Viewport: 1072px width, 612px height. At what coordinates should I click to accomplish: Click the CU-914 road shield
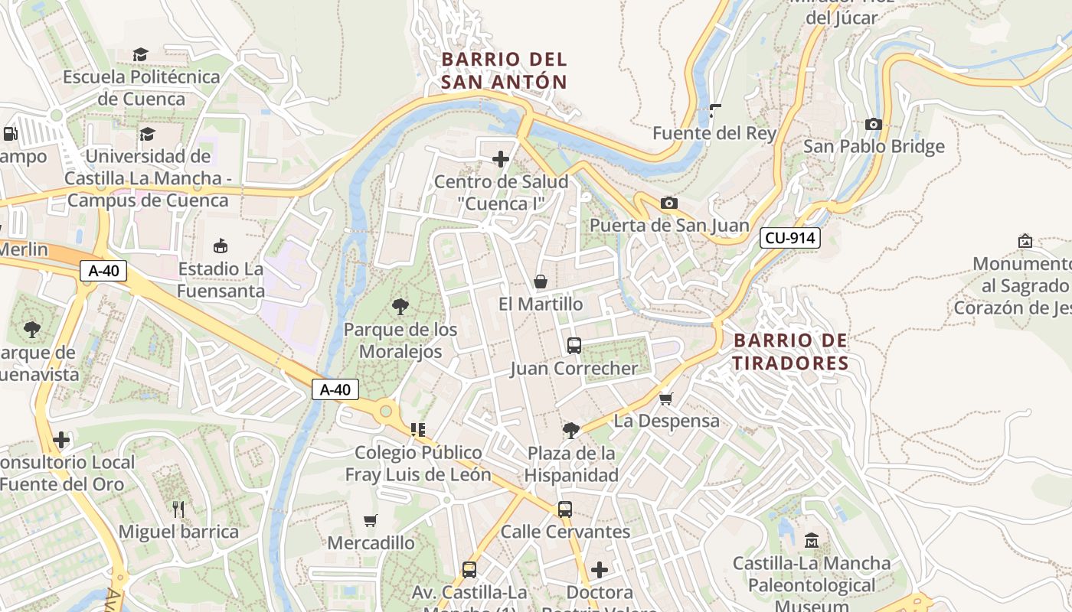click(x=790, y=238)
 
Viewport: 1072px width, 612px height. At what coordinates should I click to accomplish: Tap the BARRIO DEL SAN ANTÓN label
click(x=504, y=70)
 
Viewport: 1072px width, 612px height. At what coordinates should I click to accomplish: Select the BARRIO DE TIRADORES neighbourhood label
click(x=790, y=351)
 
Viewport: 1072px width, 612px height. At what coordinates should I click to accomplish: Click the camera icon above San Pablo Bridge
click(x=873, y=124)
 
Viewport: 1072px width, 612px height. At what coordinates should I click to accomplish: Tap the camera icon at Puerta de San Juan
click(x=668, y=203)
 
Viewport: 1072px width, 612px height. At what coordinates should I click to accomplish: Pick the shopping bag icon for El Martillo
click(x=541, y=282)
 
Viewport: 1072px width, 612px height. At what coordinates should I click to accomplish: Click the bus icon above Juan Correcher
click(x=574, y=346)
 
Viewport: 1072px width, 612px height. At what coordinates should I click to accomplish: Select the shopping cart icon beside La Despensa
click(x=666, y=399)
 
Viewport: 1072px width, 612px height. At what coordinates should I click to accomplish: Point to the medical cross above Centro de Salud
click(x=501, y=159)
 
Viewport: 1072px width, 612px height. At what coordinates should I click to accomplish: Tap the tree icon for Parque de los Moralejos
click(x=400, y=307)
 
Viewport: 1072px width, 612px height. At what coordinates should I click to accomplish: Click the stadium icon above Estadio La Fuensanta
click(x=221, y=246)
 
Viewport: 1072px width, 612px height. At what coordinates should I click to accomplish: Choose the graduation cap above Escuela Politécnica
click(x=140, y=54)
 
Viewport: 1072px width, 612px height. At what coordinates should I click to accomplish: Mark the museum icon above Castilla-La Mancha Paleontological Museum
click(x=812, y=541)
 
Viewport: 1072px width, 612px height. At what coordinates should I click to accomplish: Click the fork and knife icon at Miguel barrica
click(x=178, y=509)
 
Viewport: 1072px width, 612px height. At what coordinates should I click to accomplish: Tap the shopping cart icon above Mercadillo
click(x=371, y=520)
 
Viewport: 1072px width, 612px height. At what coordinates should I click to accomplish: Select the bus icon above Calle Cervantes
click(x=565, y=509)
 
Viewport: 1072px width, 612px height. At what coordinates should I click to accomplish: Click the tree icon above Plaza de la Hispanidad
click(x=570, y=430)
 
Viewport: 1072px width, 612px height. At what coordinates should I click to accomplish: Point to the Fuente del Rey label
click(x=714, y=133)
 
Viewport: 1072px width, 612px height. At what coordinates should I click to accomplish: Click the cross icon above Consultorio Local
click(x=61, y=440)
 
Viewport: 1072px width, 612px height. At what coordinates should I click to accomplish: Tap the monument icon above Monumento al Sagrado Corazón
click(x=1025, y=241)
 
